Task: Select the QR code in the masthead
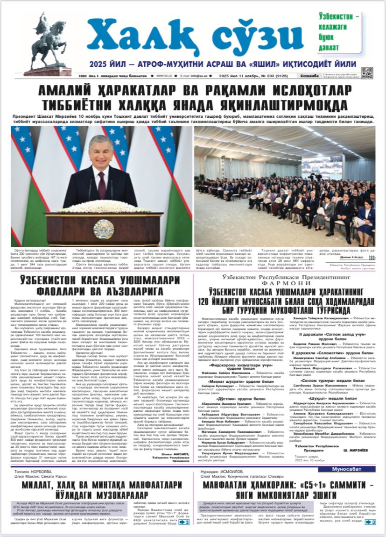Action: coord(367,73)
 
